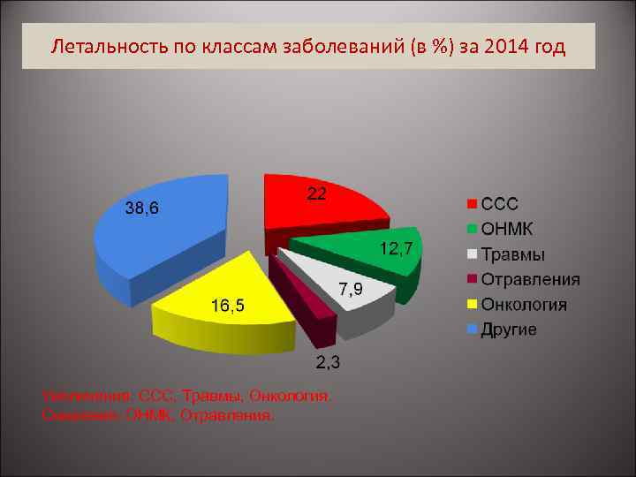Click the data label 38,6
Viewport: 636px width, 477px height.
point(141,209)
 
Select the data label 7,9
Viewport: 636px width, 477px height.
point(350,290)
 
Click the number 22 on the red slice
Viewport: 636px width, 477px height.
point(316,193)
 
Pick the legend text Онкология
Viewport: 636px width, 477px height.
point(524,305)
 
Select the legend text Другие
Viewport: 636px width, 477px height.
point(508,330)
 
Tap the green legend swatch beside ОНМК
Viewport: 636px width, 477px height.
point(473,230)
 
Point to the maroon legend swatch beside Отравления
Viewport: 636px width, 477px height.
point(473,280)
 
